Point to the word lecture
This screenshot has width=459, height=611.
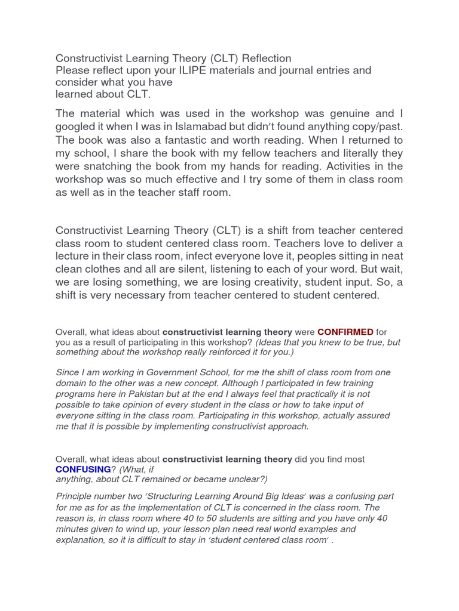click(x=75, y=256)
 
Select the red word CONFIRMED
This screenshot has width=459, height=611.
click(x=345, y=332)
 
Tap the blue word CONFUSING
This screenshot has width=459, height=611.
click(x=83, y=470)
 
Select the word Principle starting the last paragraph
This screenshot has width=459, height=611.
click(x=76, y=496)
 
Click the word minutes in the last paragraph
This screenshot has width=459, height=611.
click(x=74, y=529)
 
